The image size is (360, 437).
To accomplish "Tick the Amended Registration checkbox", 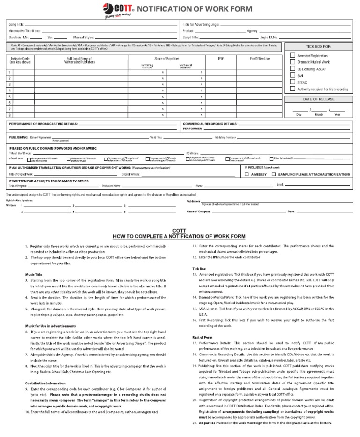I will (x=292, y=55).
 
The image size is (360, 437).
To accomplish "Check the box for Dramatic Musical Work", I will (x=292, y=62).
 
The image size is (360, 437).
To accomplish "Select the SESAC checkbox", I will (x=292, y=82).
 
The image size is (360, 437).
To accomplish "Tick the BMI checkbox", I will (x=292, y=75).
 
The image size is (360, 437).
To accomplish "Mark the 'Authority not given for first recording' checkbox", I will (x=292, y=89).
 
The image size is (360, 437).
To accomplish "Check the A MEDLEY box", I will (x=247, y=174).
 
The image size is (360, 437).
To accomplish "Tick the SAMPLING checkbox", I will (x=274, y=174).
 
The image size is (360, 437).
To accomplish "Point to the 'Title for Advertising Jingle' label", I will (x=200, y=24).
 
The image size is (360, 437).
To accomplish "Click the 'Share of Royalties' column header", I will (x=166, y=59).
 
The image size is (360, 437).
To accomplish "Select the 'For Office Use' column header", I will (x=260, y=59).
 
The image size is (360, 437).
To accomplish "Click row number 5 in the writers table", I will (x=10, y=97).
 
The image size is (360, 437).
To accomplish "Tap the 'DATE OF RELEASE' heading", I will (x=318, y=99).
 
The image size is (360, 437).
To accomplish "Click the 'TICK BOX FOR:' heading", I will (x=318, y=47).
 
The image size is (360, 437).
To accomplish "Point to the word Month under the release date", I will (x=319, y=114).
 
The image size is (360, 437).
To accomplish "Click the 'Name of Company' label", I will (x=199, y=211).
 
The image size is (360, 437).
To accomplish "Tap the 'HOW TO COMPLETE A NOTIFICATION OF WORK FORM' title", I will (x=179, y=236).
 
